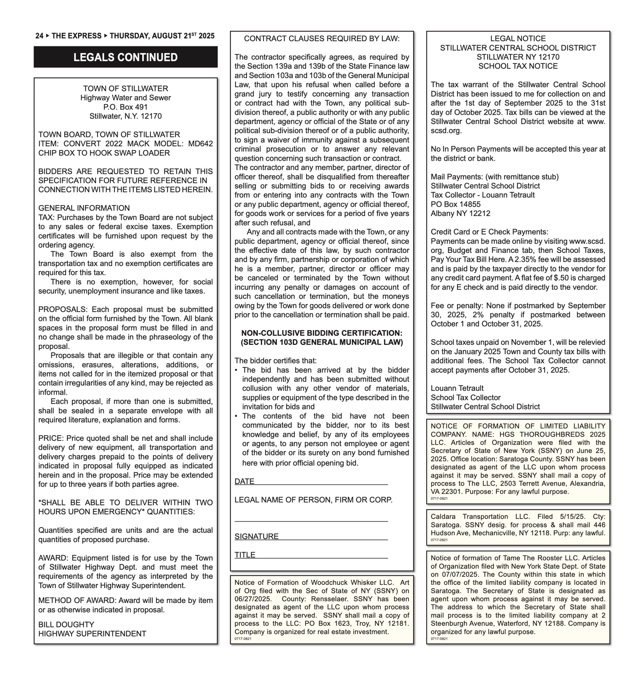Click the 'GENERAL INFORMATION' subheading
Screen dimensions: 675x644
[84, 208]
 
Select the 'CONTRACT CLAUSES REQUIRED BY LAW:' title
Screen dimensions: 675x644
[322, 38]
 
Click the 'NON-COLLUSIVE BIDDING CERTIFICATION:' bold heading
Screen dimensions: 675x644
[322, 333]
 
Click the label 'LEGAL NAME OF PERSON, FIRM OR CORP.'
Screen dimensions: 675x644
[313, 500]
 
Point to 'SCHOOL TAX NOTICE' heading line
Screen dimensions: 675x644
[518, 66]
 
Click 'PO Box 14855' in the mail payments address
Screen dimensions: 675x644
[456, 204]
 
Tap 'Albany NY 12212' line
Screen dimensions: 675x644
[460, 214]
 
